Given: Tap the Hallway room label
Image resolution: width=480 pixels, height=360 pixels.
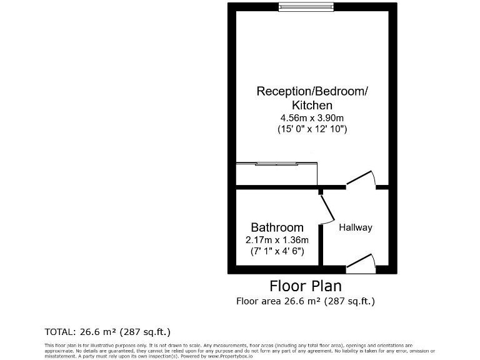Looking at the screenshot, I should click(x=355, y=227).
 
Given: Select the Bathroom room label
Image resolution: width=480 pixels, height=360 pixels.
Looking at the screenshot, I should click(x=277, y=227).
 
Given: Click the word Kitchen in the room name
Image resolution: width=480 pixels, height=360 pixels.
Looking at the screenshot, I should click(x=312, y=105).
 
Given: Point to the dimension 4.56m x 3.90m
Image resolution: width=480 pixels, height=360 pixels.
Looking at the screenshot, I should click(x=312, y=117).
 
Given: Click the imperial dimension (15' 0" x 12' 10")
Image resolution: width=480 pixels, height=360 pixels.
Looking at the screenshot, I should click(x=312, y=129).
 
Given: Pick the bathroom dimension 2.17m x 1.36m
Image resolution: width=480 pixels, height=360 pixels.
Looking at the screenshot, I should click(x=277, y=239).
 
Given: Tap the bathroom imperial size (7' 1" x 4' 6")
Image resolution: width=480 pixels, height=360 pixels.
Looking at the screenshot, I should click(x=277, y=251).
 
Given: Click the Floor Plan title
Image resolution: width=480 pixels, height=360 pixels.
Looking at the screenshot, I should click(x=305, y=286).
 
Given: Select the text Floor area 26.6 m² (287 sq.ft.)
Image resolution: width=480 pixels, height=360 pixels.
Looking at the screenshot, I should click(x=305, y=301).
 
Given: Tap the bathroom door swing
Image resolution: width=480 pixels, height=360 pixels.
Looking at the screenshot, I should click(x=327, y=209).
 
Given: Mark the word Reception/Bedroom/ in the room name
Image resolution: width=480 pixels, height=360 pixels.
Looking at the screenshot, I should click(x=312, y=91).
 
